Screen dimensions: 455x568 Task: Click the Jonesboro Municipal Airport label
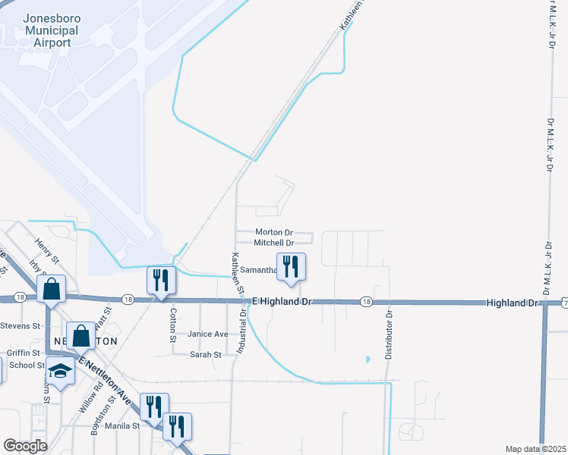point(51,30)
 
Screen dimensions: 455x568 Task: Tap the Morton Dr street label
point(274,232)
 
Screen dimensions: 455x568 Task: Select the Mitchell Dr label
point(274,243)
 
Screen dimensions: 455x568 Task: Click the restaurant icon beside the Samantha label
point(290,267)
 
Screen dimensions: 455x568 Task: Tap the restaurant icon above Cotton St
point(161,280)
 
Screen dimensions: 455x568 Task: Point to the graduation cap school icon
point(59,371)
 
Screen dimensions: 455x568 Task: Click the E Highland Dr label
point(282,302)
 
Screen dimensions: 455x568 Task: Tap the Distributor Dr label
point(388,334)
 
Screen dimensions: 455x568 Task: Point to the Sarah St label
point(205,354)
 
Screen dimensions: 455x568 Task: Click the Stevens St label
point(20,326)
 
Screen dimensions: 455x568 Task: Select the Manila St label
point(123,426)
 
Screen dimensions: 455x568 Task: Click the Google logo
point(25,446)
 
